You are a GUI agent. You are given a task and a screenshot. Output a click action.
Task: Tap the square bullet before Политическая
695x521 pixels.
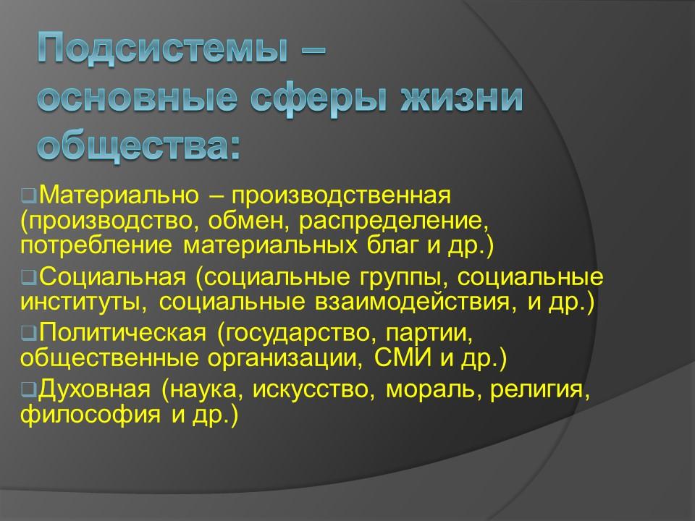[x=28, y=334]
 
